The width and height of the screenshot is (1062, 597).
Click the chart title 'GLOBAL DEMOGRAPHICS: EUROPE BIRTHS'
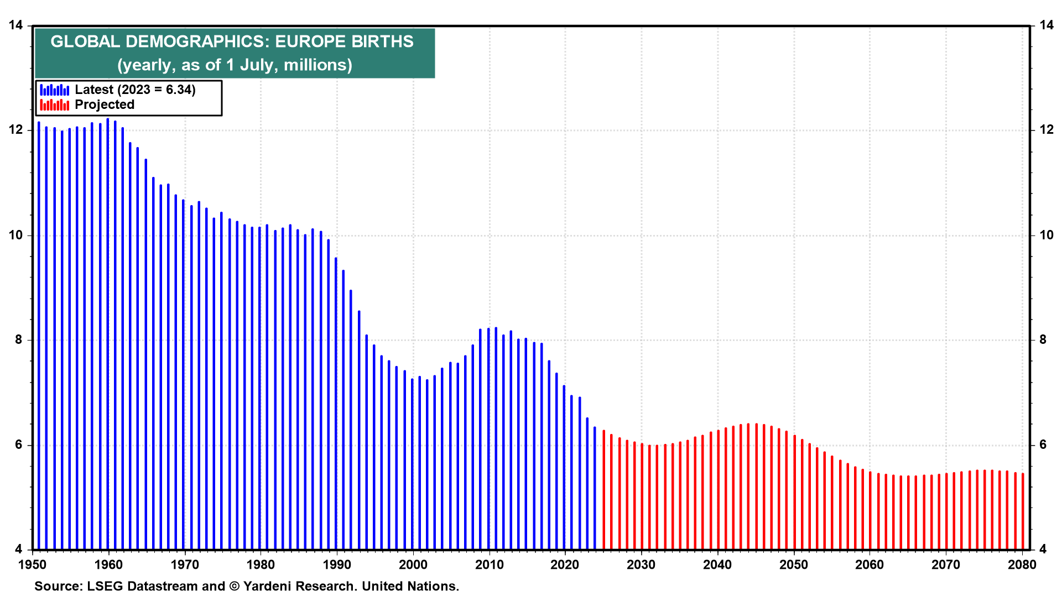(x=232, y=41)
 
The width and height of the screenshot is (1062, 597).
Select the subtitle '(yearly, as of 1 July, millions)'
(x=235, y=65)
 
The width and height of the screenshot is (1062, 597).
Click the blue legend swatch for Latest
(x=54, y=90)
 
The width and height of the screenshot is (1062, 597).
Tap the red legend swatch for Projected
(x=54, y=105)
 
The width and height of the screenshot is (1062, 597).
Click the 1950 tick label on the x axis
(x=33, y=565)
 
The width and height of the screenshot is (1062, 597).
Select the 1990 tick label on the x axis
(x=337, y=565)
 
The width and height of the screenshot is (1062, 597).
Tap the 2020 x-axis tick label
(x=565, y=565)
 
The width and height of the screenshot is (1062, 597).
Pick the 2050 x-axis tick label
(x=793, y=565)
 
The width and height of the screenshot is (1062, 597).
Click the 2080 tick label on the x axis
(x=1022, y=565)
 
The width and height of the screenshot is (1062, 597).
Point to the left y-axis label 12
(x=16, y=130)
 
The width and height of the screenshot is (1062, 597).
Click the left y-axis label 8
(x=19, y=340)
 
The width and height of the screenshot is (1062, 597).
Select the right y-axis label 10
(x=1047, y=235)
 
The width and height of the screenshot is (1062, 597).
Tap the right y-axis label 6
(x=1043, y=445)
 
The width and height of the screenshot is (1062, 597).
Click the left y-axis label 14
(x=16, y=25)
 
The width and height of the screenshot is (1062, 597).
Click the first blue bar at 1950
(x=39, y=332)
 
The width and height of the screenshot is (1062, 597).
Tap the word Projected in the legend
(x=105, y=105)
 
